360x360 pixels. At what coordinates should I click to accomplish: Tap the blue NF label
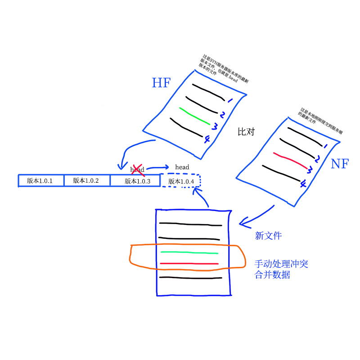coord(339,163)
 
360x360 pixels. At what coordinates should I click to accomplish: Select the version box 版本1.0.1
coord(40,180)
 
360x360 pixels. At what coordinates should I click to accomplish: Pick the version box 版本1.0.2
coord(86,180)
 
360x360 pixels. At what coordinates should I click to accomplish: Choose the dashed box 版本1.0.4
coord(181,181)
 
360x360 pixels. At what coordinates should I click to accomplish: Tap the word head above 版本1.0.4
coord(182,167)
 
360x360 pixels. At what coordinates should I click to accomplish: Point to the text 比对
coord(246,132)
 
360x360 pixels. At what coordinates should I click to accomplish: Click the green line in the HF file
coord(194,116)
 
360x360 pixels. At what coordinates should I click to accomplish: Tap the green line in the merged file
coord(189,252)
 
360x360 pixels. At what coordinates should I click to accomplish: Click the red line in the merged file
coord(189,263)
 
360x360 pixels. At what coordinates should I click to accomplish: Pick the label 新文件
coord(268,235)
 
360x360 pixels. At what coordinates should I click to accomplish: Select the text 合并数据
coord(272,274)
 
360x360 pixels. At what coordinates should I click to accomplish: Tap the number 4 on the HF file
coord(207,140)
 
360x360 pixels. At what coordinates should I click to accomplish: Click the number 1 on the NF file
coord(325,145)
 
